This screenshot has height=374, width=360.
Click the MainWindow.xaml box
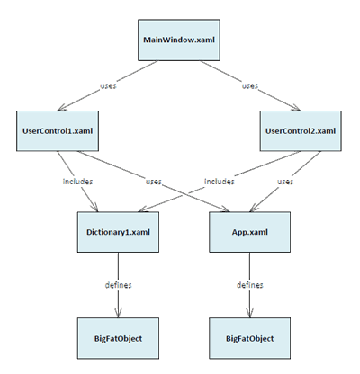click(x=179, y=40)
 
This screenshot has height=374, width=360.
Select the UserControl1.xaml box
click(x=58, y=131)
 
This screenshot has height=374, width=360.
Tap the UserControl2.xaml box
click(x=301, y=131)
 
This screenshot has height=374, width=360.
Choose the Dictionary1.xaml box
click(x=118, y=232)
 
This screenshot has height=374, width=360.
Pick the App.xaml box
click(x=249, y=232)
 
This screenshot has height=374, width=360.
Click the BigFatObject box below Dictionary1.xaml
click(x=118, y=338)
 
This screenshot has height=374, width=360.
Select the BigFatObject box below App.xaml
click(x=249, y=338)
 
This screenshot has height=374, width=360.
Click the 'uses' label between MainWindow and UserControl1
click(x=108, y=85)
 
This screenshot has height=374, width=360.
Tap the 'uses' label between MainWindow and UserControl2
click(x=250, y=85)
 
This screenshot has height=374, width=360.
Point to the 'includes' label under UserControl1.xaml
click(x=77, y=182)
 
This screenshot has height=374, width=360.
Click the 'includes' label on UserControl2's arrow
click(x=220, y=182)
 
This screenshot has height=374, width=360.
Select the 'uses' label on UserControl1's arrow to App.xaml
click(x=154, y=182)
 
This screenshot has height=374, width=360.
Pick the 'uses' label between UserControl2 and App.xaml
click(x=285, y=182)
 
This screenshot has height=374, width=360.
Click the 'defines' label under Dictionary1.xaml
click(x=118, y=285)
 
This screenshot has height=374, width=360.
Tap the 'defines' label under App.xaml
click(x=250, y=285)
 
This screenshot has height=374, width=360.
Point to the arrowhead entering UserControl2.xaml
click(x=296, y=108)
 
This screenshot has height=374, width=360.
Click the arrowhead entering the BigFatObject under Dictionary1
click(x=118, y=313)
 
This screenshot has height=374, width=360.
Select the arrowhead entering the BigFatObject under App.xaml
click(x=249, y=313)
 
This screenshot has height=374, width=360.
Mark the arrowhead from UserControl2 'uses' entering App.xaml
click(x=254, y=208)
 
